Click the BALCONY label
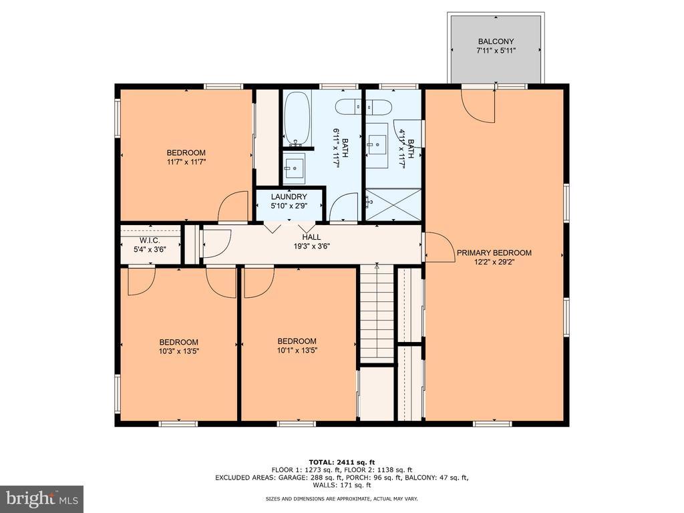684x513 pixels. pyautogui.click(x=496, y=41)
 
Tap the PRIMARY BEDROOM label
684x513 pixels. pyautogui.click(x=494, y=252)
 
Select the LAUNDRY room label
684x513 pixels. pyautogui.click(x=289, y=197)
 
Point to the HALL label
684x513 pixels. pyautogui.click(x=311, y=237)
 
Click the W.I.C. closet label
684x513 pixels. pyautogui.click(x=150, y=240)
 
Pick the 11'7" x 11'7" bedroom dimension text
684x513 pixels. pyautogui.click(x=186, y=162)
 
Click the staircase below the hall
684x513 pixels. pyautogui.click(x=377, y=313)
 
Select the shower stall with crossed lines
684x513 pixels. pyautogui.click(x=393, y=204)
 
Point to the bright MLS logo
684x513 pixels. pyautogui.click(x=42, y=498)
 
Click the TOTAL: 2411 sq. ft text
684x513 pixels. pyautogui.click(x=342, y=462)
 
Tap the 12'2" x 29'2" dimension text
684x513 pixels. pyautogui.click(x=494, y=262)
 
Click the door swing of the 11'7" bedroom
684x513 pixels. pyautogui.click(x=233, y=206)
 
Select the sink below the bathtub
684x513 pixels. pyautogui.click(x=294, y=166)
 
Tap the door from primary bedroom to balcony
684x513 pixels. pyautogui.click(x=478, y=106)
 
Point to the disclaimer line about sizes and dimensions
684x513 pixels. pyautogui.click(x=342, y=498)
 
